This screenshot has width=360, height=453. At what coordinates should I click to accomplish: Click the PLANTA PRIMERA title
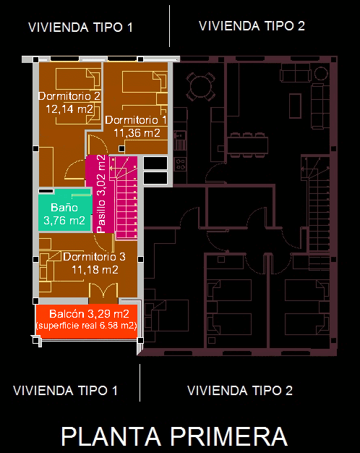174,436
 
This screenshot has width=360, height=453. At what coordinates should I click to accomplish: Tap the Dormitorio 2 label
69,96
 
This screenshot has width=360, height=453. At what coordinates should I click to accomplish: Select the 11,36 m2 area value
137,133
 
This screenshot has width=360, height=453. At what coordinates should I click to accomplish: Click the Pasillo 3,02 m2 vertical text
100,194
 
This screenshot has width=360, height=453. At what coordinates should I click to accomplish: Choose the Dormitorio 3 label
95,257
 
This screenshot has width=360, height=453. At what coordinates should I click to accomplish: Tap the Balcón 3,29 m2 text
89,314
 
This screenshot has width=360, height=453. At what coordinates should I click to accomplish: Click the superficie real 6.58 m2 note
86,326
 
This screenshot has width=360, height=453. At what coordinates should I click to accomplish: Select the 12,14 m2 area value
69,109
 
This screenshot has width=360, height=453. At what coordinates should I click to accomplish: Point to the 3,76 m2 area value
64,221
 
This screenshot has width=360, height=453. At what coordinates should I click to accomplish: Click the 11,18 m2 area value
95,270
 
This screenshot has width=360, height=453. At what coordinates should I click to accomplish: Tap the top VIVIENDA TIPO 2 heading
252,26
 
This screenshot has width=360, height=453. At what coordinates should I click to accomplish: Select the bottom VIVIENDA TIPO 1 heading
65,391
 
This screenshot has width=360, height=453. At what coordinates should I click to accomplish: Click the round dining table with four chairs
200,86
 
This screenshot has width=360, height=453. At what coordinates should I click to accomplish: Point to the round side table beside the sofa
321,73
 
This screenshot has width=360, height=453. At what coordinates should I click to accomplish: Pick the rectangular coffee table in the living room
295,106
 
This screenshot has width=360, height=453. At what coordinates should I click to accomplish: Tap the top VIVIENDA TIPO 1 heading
80,27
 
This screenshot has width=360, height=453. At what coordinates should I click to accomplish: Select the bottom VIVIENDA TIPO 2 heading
240,391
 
